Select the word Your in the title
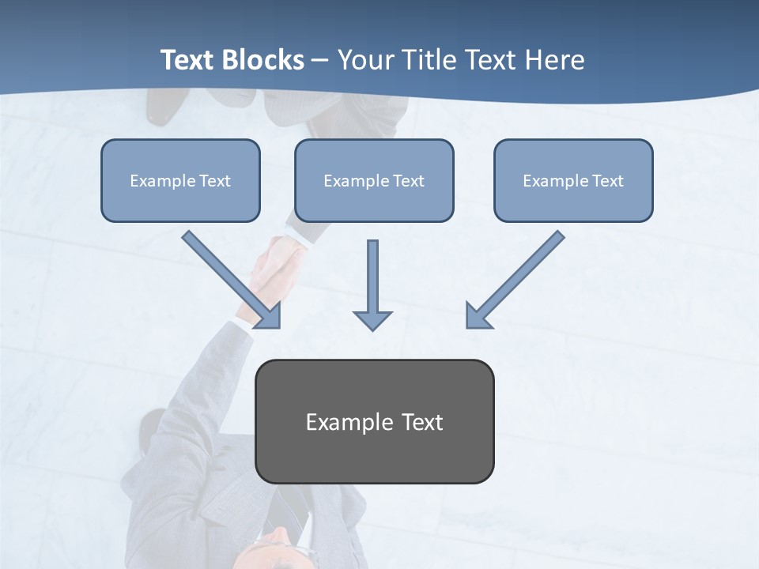tap(363, 60)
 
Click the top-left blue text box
tap(180, 180)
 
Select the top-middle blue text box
tap(374, 180)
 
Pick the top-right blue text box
tap(573, 180)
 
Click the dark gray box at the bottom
tap(374, 421)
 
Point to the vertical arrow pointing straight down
tap(372, 277)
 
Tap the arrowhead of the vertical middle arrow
tap(372, 320)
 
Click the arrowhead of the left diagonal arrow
tap(269, 316)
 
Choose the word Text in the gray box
tap(422, 422)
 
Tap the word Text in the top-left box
tap(214, 181)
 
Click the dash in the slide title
tap(320, 61)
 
